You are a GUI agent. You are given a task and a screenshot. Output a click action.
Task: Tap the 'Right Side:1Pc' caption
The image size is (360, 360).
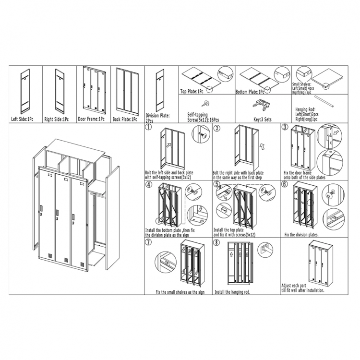[57, 118]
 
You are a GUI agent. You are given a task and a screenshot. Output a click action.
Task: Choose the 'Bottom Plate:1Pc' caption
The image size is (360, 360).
[250, 91]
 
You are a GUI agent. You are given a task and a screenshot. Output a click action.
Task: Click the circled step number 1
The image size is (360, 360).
[149, 128]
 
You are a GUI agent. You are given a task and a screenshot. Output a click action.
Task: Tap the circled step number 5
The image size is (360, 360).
[217, 184]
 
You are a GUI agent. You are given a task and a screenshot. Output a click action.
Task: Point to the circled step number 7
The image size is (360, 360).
[149, 243]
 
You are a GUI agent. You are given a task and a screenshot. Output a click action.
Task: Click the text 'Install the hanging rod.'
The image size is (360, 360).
[232, 291]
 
